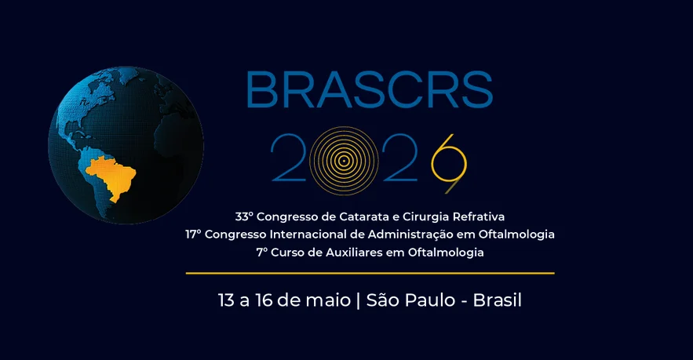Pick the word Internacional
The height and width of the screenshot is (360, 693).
307,234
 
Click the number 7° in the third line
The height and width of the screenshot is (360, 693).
261,253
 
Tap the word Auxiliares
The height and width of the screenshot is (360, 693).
352,253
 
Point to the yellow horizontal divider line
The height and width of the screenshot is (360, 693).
370,273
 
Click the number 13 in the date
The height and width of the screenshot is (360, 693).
228,300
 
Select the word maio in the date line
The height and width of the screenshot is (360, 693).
328,300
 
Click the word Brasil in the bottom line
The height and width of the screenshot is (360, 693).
498,300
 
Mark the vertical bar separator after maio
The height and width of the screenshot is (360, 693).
358,300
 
